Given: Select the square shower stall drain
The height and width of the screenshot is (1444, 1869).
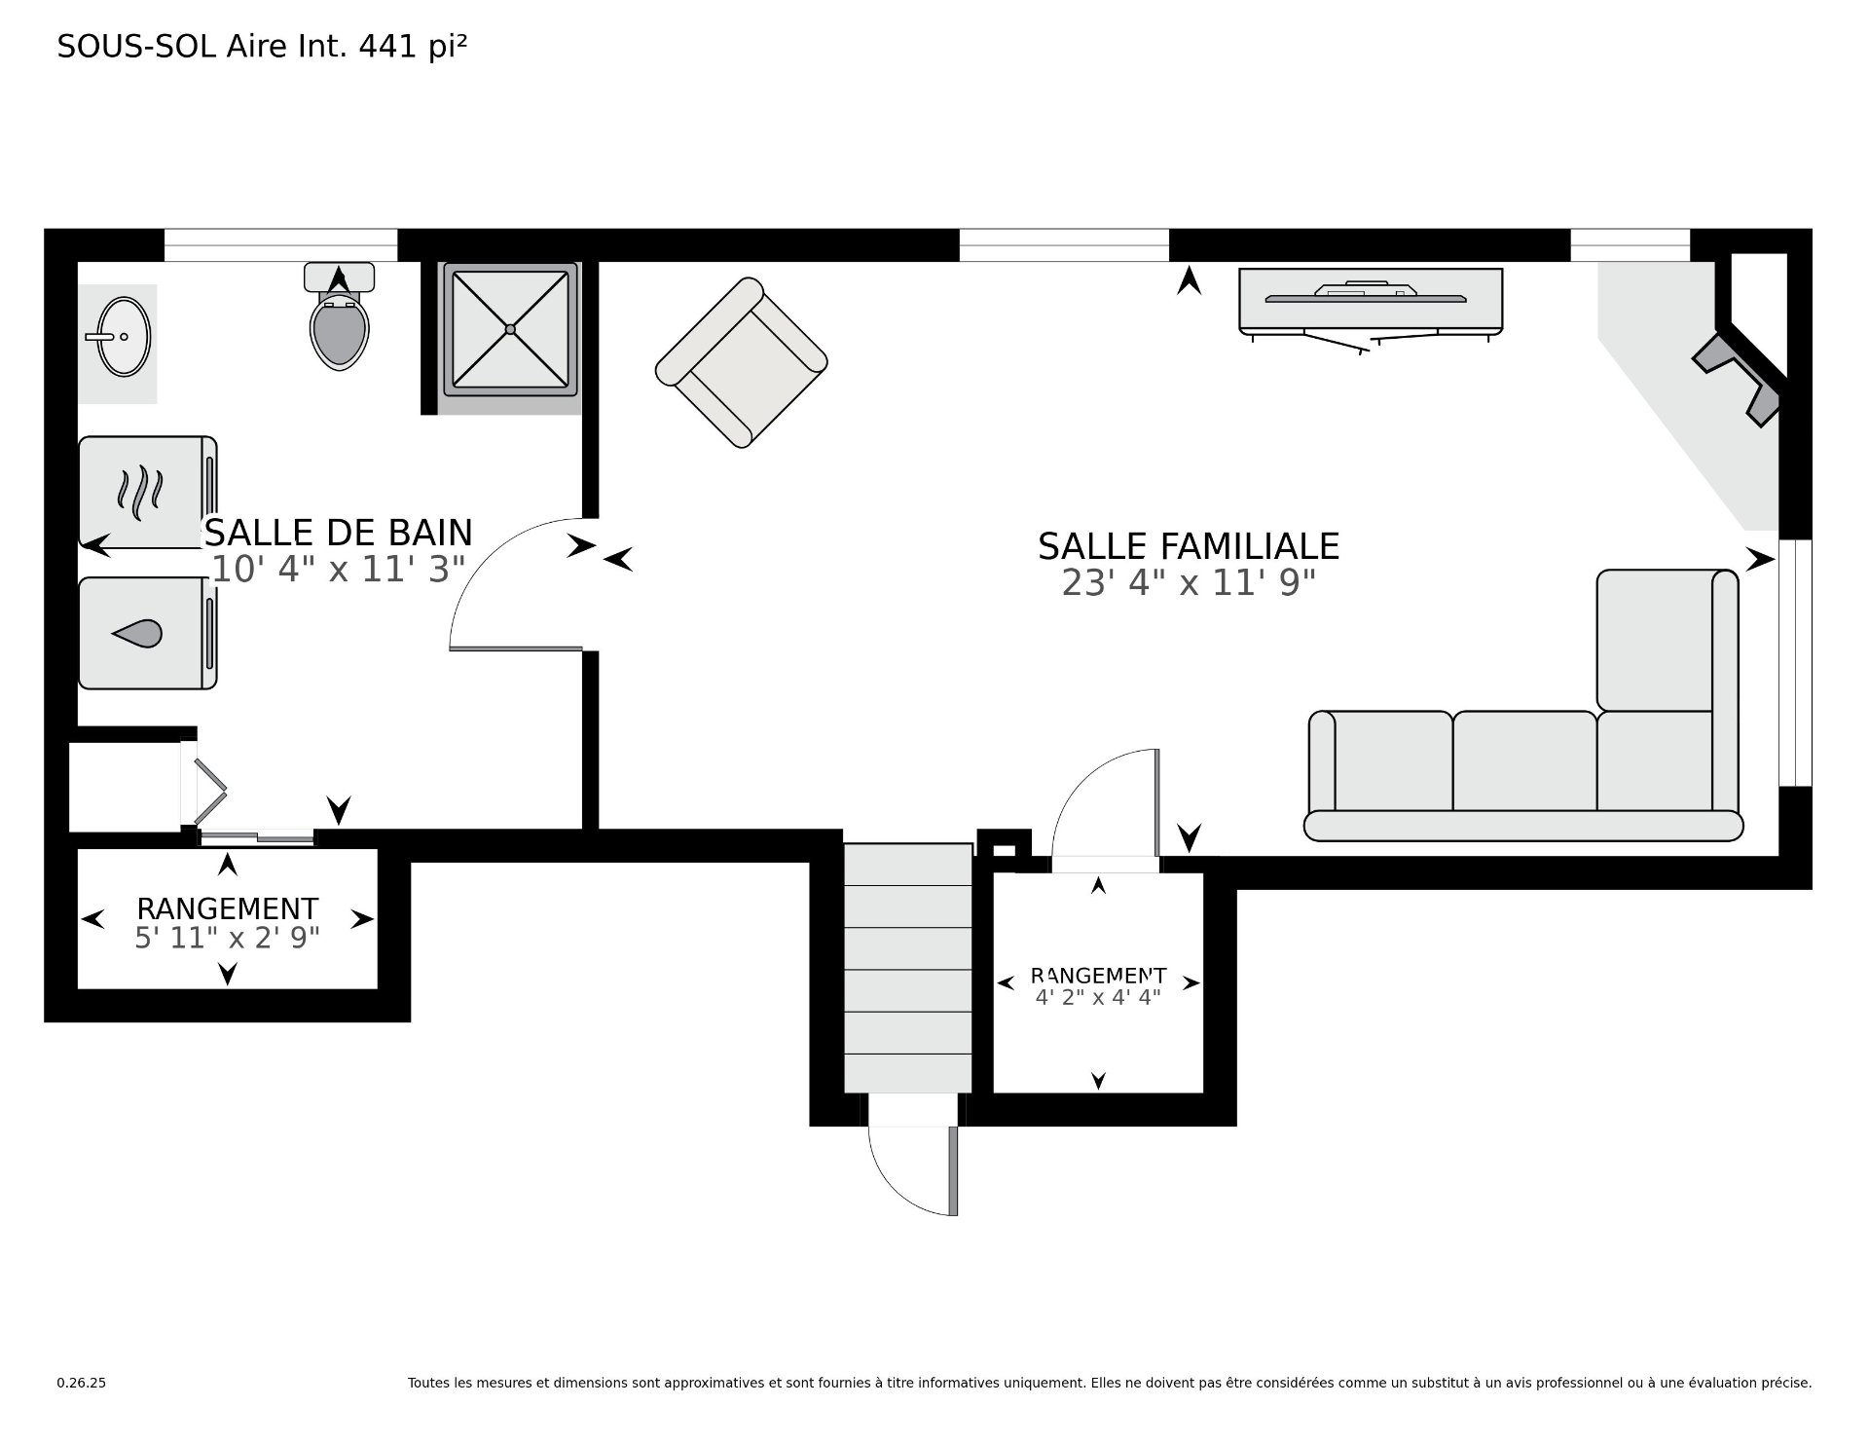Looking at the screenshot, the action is click(x=510, y=329).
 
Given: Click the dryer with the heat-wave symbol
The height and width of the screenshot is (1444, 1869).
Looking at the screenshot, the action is click(x=147, y=492).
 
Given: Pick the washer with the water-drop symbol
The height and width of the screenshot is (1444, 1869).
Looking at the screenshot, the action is click(x=147, y=634).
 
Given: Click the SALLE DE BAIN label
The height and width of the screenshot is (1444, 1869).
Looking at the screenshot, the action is click(x=338, y=533).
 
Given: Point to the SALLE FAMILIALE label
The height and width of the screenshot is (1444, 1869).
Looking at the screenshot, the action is click(x=1189, y=546).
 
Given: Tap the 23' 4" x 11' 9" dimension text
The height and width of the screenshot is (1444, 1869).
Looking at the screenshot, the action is click(x=1189, y=583).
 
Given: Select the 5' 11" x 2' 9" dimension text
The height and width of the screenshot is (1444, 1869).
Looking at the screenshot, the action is click(x=228, y=938).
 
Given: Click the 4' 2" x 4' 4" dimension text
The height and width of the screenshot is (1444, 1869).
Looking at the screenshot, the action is click(x=1098, y=996).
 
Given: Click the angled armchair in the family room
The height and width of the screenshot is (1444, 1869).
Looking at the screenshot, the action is click(x=742, y=362).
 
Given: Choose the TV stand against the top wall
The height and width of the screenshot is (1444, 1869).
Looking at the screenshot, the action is click(x=1371, y=303).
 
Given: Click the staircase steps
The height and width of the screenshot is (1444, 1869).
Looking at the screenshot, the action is click(x=907, y=968).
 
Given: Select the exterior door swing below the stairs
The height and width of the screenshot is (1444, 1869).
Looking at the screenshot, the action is click(x=913, y=1170).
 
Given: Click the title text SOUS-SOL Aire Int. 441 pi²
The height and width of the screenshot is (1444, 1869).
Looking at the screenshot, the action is click(x=263, y=47).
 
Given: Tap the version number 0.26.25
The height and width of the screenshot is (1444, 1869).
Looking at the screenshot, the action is click(x=81, y=1383).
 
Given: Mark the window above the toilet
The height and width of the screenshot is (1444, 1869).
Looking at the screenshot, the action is click(x=280, y=245).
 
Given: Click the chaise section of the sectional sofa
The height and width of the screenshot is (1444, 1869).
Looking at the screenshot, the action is click(x=1667, y=640).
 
